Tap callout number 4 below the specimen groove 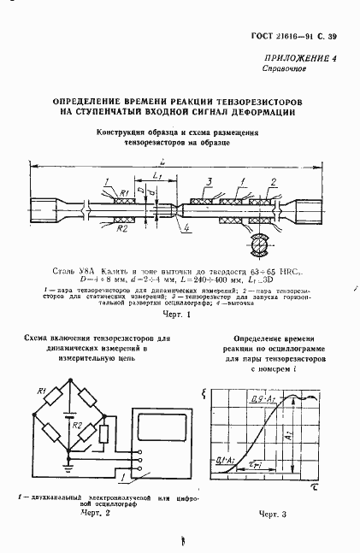point(186,228)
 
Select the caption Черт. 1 point(172,314)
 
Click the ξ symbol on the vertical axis point(203,393)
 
